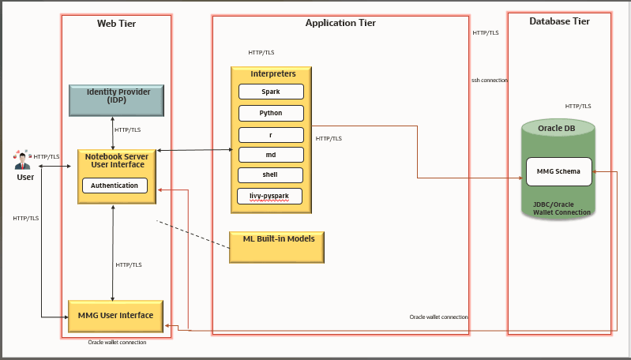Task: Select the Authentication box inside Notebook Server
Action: tap(115, 186)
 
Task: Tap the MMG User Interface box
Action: tap(115, 316)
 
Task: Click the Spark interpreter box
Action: tap(271, 92)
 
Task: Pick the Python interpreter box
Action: tap(271, 113)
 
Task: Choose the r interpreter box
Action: tap(271, 134)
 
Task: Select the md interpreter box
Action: tap(271, 155)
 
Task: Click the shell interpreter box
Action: tap(271, 175)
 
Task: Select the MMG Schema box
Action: tap(558, 171)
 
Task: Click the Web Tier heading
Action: tap(116, 24)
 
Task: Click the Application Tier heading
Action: tap(340, 23)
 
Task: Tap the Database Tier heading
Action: tap(559, 21)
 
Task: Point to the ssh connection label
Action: tap(490, 81)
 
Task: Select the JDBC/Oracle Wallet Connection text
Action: tap(562, 208)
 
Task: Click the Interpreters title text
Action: tap(272, 73)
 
